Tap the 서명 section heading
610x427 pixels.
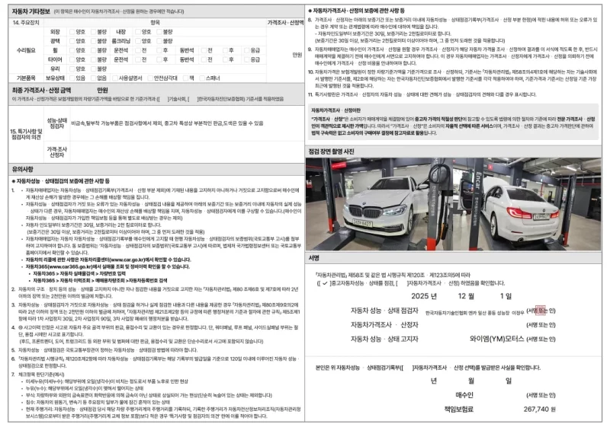point(314,258)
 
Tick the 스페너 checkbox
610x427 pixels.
point(201,78)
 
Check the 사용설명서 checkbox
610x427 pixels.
point(113,78)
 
